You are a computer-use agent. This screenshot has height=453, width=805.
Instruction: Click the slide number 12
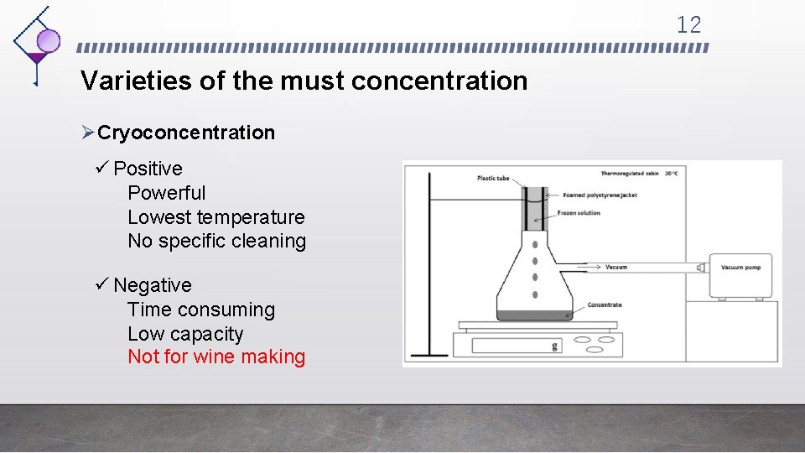(x=688, y=25)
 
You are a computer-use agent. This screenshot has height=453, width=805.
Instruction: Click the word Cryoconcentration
(x=186, y=133)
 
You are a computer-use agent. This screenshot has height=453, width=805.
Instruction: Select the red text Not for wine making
(x=216, y=357)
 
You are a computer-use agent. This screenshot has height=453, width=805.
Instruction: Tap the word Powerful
(x=166, y=193)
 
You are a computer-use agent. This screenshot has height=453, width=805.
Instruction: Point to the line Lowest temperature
(x=216, y=217)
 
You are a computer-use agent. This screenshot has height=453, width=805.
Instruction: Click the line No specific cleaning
(x=216, y=242)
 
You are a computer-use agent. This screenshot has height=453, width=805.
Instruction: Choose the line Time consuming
(x=201, y=310)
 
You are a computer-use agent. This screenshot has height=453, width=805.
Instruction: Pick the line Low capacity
(x=185, y=334)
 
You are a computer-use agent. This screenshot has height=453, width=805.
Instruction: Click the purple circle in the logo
(x=49, y=40)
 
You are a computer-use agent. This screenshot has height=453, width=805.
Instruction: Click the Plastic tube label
(x=493, y=178)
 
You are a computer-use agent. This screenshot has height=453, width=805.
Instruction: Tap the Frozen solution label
(x=579, y=213)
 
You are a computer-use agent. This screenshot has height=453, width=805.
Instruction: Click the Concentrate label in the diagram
(x=605, y=305)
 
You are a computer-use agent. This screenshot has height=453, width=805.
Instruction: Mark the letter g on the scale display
(x=554, y=344)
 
